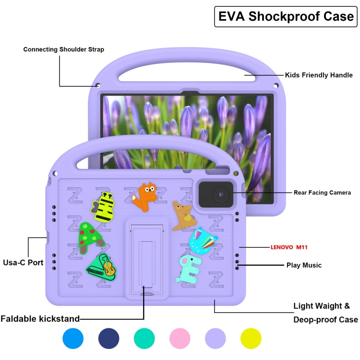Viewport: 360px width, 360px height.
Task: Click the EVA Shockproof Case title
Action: point(286,16)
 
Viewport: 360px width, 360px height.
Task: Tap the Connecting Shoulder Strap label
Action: point(63,49)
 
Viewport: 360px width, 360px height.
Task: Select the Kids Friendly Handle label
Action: point(319,75)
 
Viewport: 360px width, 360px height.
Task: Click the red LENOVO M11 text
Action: point(289,247)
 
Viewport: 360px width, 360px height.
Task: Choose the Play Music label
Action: point(304,265)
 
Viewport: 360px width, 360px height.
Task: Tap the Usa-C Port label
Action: point(23,263)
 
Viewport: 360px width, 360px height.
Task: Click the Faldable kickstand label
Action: point(40,318)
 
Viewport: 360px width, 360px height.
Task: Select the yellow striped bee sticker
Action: point(104,207)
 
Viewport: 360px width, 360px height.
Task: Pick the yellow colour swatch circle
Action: point(251,338)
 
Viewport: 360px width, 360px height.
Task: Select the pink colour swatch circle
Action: point(180,338)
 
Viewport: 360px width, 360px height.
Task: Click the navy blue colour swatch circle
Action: point(109,338)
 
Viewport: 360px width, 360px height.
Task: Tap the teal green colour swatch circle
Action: point(144,338)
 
